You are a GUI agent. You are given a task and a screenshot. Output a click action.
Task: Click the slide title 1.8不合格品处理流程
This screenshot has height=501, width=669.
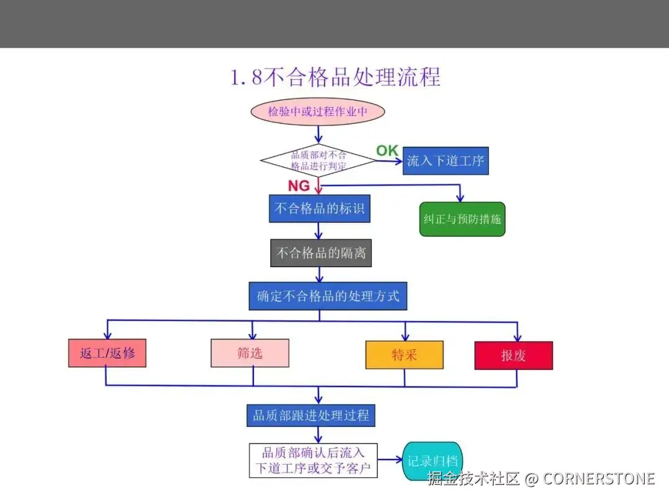click(x=335, y=77)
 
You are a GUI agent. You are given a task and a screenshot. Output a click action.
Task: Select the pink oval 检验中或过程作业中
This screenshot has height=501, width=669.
click(x=318, y=112)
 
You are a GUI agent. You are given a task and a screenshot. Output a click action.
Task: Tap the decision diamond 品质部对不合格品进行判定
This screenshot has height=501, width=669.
click(x=318, y=161)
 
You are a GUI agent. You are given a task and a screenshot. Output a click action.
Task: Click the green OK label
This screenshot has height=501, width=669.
click(x=387, y=150)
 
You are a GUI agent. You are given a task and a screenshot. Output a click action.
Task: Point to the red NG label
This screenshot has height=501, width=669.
click(x=299, y=186)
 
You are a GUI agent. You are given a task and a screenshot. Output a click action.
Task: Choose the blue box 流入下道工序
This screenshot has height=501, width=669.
click(x=445, y=161)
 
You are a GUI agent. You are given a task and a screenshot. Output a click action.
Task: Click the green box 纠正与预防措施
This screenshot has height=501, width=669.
click(x=462, y=219)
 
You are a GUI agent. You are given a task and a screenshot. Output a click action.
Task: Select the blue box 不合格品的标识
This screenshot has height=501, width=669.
click(x=319, y=208)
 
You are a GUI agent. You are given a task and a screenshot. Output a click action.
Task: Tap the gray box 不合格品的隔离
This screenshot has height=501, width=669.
click(x=321, y=253)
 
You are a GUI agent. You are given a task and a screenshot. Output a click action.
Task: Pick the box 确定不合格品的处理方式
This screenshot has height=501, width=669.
click(x=328, y=296)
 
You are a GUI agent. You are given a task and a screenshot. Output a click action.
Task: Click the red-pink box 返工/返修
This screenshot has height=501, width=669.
click(x=107, y=354)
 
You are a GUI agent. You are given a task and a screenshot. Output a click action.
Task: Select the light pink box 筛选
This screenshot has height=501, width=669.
click(x=250, y=353)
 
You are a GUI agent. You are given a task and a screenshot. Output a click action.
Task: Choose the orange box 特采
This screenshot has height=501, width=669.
click(x=404, y=355)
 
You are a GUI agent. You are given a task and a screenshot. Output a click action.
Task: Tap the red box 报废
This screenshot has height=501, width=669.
click(x=514, y=356)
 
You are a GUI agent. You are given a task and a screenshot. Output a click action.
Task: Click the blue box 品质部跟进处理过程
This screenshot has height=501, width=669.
click(x=310, y=415)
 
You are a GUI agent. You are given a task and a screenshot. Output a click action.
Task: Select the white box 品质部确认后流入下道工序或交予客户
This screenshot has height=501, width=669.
click(x=313, y=461)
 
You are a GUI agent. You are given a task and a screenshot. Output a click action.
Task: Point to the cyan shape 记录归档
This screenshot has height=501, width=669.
click(x=433, y=461)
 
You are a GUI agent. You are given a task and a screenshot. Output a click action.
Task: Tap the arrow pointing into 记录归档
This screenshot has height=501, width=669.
click(x=390, y=460)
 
